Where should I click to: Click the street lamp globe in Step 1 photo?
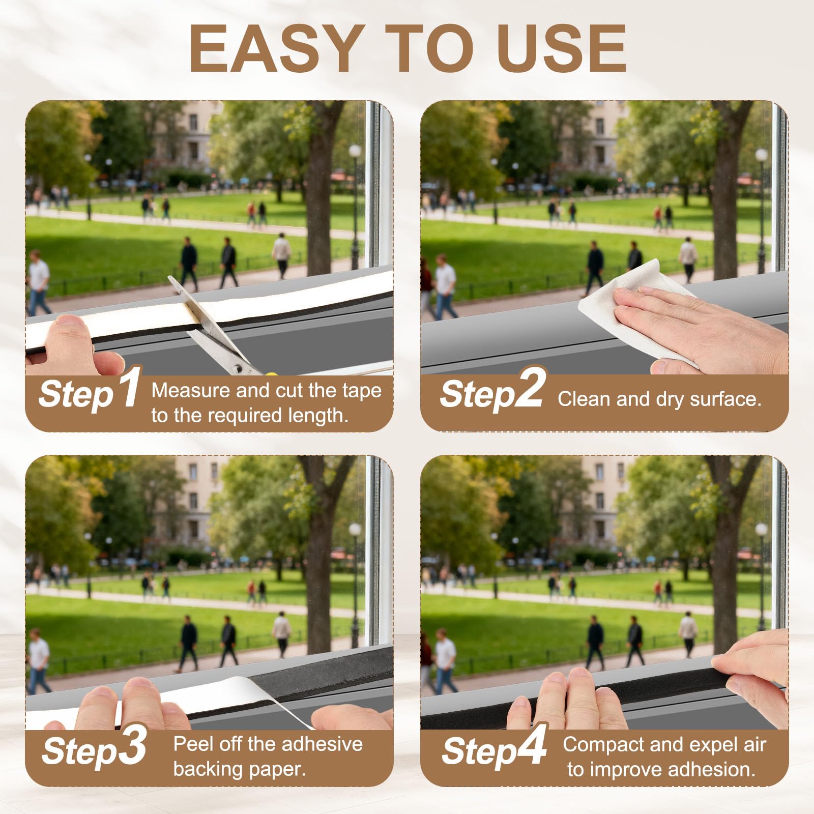pyautogui.click(x=355, y=151)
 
